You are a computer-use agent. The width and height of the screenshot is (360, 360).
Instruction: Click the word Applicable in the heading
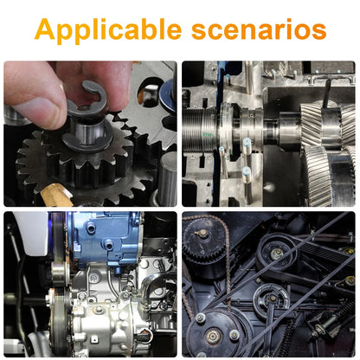(x=108, y=30)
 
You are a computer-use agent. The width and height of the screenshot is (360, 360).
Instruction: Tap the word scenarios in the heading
(x=259, y=30)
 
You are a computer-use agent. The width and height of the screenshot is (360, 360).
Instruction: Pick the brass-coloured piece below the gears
(x=56, y=195)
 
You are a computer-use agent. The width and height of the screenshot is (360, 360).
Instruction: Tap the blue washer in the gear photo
(x=168, y=95)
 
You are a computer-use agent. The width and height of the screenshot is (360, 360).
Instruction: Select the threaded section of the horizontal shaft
(x=200, y=131)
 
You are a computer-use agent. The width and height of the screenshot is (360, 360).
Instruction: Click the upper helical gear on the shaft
(x=328, y=124)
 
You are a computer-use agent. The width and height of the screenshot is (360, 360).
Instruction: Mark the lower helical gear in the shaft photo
(x=329, y=176)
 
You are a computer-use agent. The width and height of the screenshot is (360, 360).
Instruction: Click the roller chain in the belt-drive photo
(x=228, y=260)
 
